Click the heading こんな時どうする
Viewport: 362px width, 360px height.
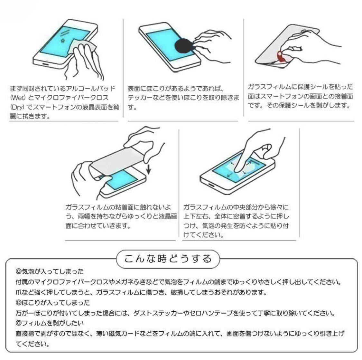click(x=168, y=258)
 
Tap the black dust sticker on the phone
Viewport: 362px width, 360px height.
click(x=184, y=46)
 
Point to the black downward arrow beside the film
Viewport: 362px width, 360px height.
click(x=148, y=169)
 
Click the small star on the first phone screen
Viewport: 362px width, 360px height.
click(x=63, y=41)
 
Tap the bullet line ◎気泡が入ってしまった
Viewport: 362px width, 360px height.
click(x=50, y=271)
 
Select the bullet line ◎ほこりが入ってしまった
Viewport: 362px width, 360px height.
click(x=53, y=303)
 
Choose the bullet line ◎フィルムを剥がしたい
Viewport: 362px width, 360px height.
click(x=50, y=323)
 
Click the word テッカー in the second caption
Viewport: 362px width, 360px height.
click(x=140, y=98)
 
